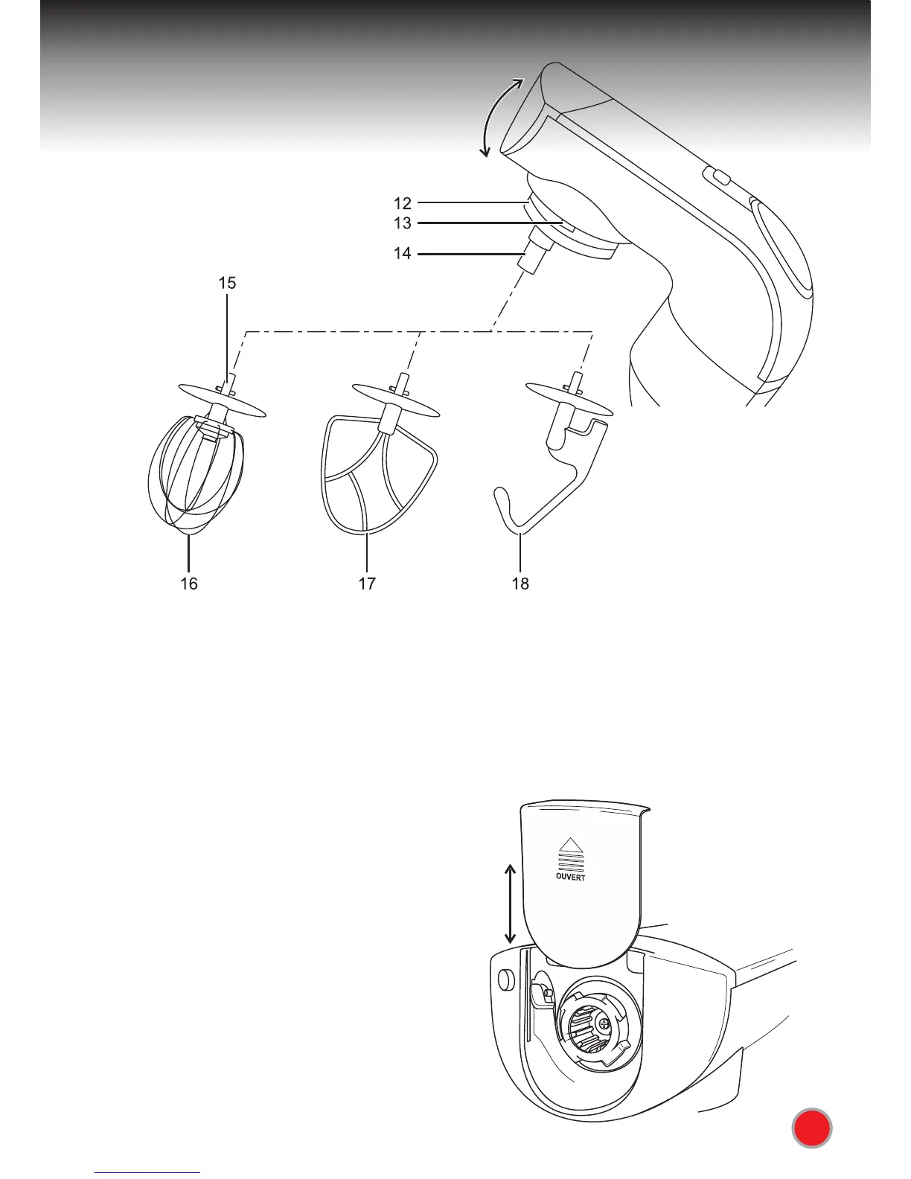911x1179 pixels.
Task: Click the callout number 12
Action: point(402,202)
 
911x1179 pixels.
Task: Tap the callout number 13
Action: point(402,223)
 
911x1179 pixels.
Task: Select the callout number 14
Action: point(402,254)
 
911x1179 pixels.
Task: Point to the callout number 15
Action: point(227,283)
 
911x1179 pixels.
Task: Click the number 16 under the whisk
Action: point(189,584)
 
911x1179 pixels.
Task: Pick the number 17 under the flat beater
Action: point(367,584)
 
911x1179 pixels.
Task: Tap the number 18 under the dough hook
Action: point(520,584)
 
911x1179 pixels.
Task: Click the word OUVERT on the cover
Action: point(570,877)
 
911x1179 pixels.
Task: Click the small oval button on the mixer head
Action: point(717,177)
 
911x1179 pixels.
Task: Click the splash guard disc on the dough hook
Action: point(569,397)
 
